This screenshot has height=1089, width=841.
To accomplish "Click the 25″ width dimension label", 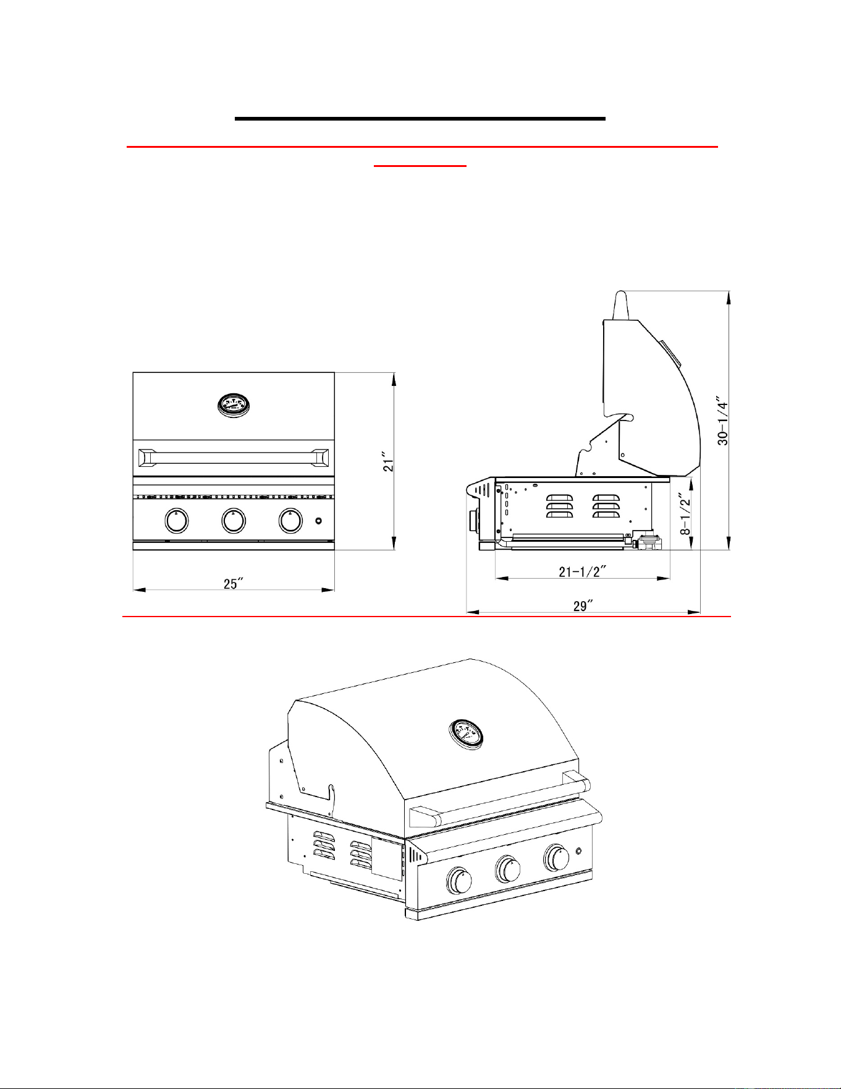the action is tap(233, 584).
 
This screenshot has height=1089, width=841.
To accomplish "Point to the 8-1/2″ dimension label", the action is tap(684, 513).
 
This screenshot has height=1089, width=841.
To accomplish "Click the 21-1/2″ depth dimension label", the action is tap(582, 571).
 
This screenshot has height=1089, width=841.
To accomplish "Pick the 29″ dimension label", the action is tap(583, 606).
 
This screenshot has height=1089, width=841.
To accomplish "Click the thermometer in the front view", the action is tap(234, 406).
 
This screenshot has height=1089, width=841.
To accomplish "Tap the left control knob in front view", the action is tap(177, 521).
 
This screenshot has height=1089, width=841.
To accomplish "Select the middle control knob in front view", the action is tap(233, 521).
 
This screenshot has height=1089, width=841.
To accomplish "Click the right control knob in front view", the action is tap(290, 521).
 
